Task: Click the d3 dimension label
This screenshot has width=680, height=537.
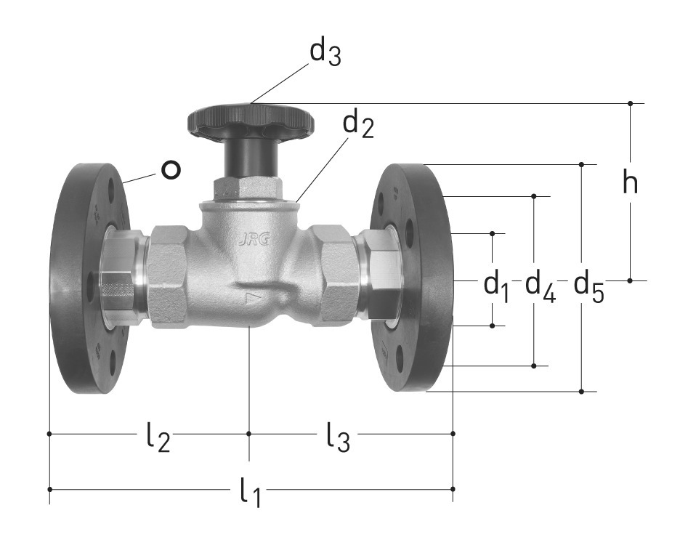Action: pyautogui.click(x=325, y=53)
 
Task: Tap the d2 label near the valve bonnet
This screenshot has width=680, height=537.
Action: pyautogui.click(x=358, y=126)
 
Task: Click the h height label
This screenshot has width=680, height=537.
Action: pyautogui.click(x=630, y=182)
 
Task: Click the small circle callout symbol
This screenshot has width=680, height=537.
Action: pyautogui.click(x=171, y=169)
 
